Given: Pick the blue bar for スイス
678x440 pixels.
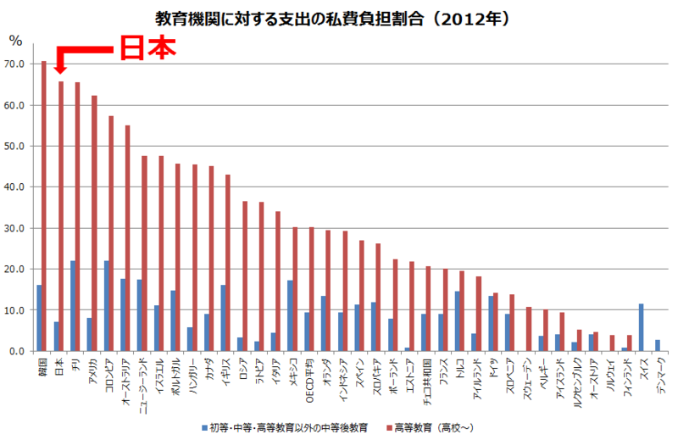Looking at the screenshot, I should coord(641,327).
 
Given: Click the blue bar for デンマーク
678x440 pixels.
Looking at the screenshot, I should coord(658,345).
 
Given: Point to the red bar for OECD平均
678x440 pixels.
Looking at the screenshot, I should coord(311,289).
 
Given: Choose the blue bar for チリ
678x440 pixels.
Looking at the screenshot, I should coord(73,306).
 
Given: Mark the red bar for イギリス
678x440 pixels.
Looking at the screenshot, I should coord(227,263).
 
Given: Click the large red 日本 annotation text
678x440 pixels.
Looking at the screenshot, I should coord(145,47).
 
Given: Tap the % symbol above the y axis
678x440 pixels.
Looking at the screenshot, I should coord(15,40).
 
